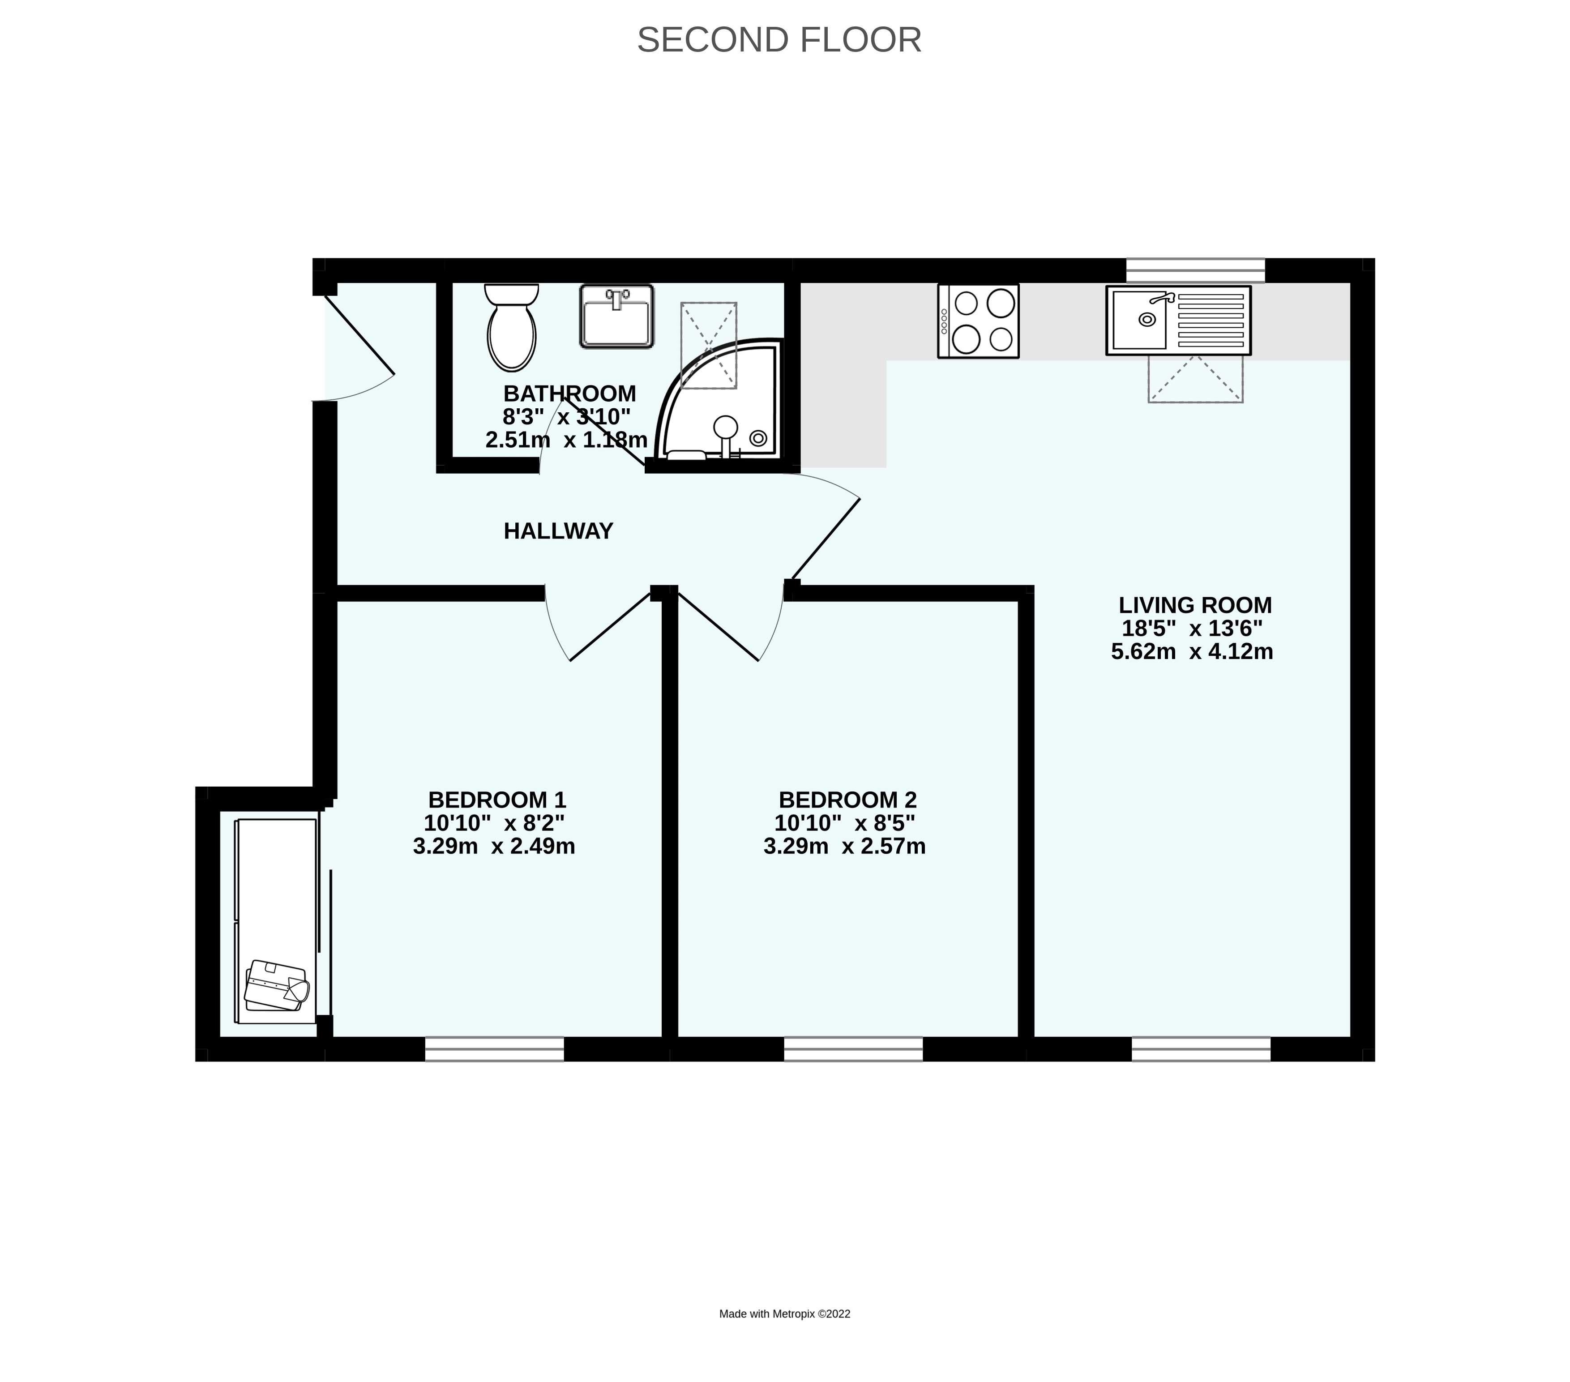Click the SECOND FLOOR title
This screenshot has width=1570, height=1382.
coord(779,40)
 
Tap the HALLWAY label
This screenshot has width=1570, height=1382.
coord(558,531)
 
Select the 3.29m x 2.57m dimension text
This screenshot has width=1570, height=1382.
coord(844,847)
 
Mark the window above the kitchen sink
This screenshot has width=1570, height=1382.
coord(1195,270)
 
